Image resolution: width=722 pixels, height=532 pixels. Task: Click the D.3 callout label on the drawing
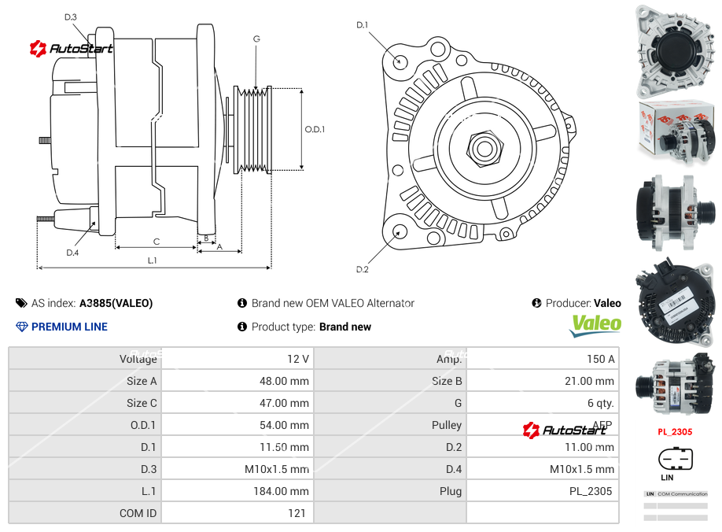coord(71,17)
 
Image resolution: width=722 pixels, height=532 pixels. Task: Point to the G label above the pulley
coord(256,39)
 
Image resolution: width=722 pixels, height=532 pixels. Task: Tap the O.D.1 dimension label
coord(315,130)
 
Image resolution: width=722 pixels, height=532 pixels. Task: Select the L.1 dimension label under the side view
coord(152,260)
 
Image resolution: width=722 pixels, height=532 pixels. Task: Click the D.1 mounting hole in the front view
coord(400,61)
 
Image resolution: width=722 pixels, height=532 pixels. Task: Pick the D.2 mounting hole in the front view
coord(399,231)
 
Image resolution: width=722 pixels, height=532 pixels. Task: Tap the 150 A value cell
coord(600,359)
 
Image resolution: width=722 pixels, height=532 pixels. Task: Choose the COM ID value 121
coord(297,513)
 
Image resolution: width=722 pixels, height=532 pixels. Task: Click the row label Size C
coord(142,403)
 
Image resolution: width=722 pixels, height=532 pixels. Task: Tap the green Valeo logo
coord(595,325)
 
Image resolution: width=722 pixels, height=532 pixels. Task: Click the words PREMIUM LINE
coord(69,327)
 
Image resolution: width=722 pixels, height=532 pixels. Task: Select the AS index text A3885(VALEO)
coord(116,303)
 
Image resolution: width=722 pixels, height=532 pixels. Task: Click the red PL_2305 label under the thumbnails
coord(675,431)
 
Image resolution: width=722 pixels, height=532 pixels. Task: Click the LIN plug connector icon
coord(675,458)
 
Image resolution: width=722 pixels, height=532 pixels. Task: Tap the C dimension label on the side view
coord(157,242)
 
